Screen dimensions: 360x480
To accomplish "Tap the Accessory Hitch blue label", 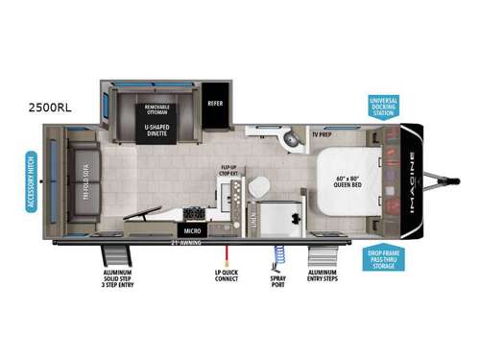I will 33,182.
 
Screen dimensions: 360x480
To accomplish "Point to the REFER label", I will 213,104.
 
